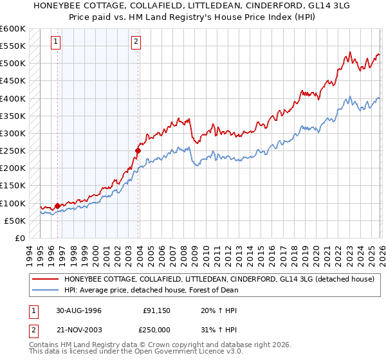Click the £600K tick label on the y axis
(x=13, y=29)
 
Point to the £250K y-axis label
(x=13, y=151)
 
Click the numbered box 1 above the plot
(x=56, y=42)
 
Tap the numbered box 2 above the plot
(x=136, y=42)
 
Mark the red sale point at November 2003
(x=138, y=151)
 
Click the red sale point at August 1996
(x=58, y=206)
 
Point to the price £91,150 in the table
(x=157, y=310)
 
